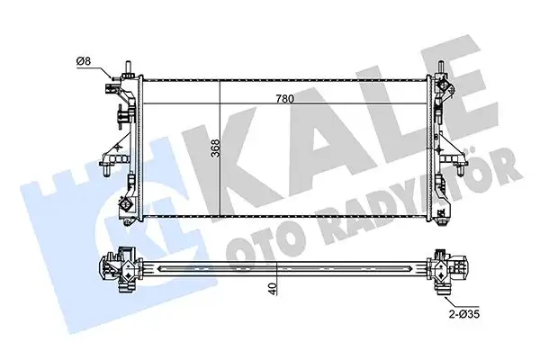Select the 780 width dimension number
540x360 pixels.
[287, 100]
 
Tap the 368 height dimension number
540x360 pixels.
[215, 149]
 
